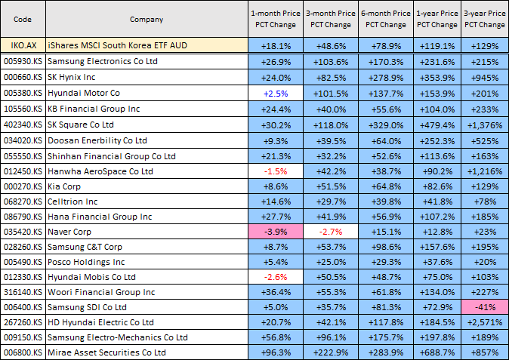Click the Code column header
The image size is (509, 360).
click(x=22, y=19)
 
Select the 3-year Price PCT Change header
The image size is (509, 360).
click(x=485, y=19)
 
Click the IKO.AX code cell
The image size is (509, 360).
click(x=22, y=45)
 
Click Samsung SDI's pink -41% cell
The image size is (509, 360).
click(x=485, y=306)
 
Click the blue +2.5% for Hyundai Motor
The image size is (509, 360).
click(x=275, y=93)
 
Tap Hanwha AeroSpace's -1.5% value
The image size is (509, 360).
click(x=275, y=171)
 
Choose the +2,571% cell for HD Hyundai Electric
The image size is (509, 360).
click(x=485, y=322)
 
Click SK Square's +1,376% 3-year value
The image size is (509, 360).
click(x=485, y=125)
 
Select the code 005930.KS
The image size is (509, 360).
click(x=22, y=61)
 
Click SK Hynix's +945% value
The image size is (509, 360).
click(x=485, y=77)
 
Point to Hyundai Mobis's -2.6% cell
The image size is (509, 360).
click(x=275, y=276)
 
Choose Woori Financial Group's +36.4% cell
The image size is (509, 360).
click(x=275, y=291)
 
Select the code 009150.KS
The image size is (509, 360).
click(x=22, y=337)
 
